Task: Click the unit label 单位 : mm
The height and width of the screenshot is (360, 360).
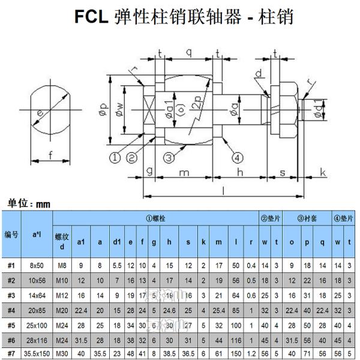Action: coord(29,203)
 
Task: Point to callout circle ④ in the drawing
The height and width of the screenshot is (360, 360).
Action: coord(238,158)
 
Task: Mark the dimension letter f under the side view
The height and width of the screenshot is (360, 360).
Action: coord(50,155)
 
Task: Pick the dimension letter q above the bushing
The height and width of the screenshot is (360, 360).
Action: coord(188,53)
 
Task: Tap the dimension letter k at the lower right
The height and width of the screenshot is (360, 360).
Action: coord(322,173)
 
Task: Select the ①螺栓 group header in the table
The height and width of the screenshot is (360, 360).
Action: coord(155,218)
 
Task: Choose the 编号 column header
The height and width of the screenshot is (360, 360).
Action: coord(11,234)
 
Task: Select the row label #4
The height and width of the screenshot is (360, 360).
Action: coord(11,310)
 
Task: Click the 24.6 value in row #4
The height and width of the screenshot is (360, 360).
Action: coord(170,310)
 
